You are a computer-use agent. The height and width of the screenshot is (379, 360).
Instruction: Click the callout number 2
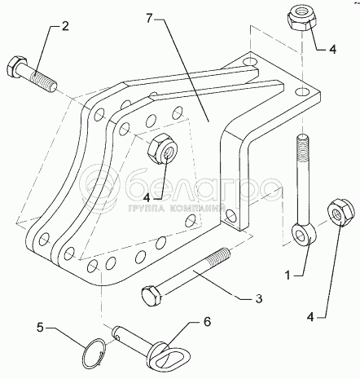[65, 26]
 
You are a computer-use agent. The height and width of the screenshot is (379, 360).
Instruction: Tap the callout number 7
[149, 18]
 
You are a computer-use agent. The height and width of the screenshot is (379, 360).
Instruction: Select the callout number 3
[259, 298]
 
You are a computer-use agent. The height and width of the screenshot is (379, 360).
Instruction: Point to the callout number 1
[288, 275]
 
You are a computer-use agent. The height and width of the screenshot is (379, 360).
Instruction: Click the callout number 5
[40, 328]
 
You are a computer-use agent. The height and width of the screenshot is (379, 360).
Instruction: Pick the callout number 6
[207, 322]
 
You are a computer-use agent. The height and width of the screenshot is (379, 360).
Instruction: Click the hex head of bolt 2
[13, 68]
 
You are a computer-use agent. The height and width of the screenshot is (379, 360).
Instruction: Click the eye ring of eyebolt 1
[304, 234]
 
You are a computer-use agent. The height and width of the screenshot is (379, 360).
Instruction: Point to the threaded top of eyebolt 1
[302, 148]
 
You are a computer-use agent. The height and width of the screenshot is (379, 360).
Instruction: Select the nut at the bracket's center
[162, 149]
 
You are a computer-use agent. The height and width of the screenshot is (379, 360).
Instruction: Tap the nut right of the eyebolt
[340, 212]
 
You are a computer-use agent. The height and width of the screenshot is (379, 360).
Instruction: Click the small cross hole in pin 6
[117, 337]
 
